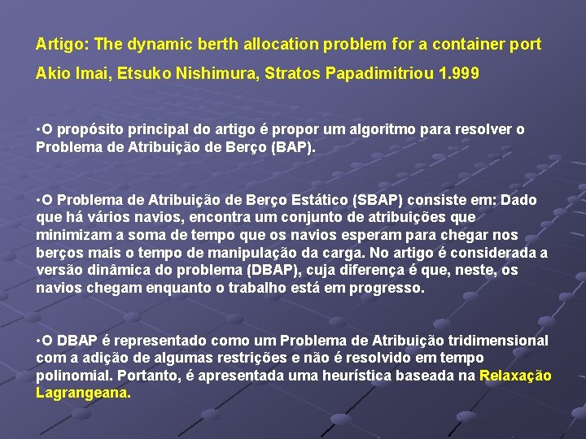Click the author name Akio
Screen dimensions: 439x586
pyautogui.click(x=51, y=73)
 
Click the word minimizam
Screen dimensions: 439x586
pyautogui.click(x=71, y=235)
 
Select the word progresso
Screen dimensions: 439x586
pyautogui.click(x=387, y=288)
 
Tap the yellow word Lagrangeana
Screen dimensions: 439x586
pyautogui.click(x=82, y=393)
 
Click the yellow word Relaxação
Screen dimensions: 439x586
pyautogui.click(x=515, y=376)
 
